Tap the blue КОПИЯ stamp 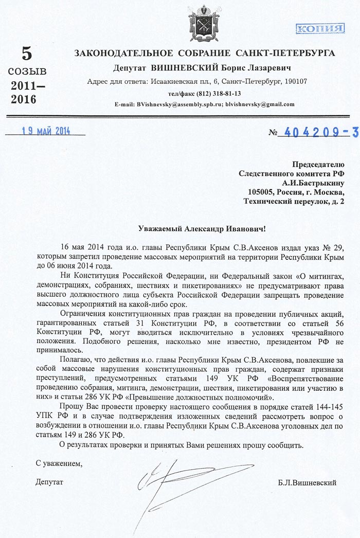click(320, 29)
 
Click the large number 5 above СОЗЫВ click(26, 53)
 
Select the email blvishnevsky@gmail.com click(260, 104)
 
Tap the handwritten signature click(175, 483)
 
